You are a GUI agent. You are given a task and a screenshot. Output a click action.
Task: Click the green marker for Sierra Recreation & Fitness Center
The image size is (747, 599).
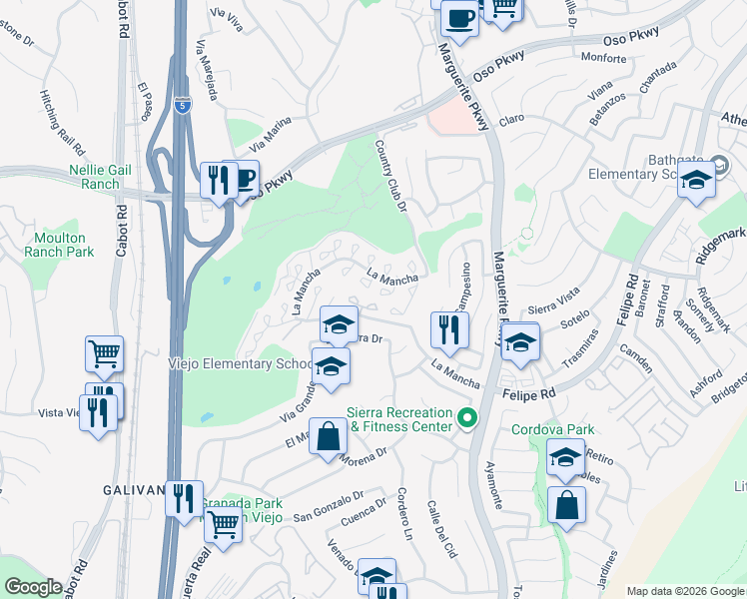(464, 418)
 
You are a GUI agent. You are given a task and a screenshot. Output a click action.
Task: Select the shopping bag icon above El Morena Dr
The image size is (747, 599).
(329, 436)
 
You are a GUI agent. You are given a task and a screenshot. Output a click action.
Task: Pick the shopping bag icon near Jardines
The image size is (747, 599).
(566, 505)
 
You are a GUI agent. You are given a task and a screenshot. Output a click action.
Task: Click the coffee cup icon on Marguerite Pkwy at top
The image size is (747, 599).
(459, 17)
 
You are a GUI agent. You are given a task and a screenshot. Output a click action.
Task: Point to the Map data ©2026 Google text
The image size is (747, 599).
(685, 591)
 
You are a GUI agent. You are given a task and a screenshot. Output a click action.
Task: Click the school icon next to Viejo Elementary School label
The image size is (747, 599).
(331, 365)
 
